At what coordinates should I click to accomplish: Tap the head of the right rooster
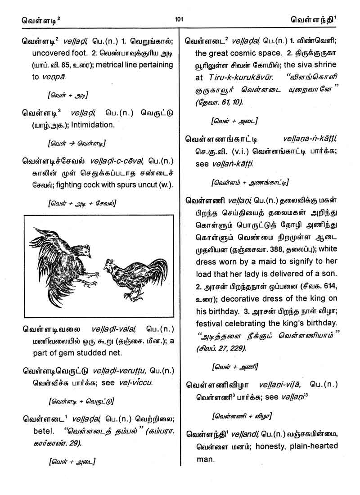point(109,266)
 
